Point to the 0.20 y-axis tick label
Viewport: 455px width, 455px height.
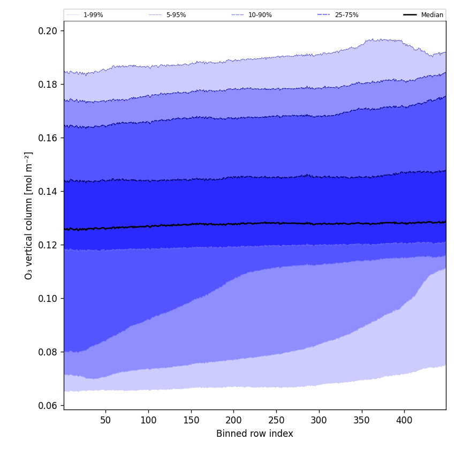coord(48,31)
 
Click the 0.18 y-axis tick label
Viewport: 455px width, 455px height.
coord(48,84)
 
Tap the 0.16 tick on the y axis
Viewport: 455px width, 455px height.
coord(48,138)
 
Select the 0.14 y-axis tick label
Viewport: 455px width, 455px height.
coord(48,191)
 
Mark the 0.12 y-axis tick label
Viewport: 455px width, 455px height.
coord(48,245)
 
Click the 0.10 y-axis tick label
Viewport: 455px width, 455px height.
coord(48,298)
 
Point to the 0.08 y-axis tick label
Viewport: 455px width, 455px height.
coord(48,352)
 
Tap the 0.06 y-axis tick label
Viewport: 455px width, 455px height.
coord(48,405)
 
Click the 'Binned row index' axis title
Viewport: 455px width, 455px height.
coord(254,434)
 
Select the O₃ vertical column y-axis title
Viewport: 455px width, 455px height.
coord(29,215)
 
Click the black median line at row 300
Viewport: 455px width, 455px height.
coord(319,224)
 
